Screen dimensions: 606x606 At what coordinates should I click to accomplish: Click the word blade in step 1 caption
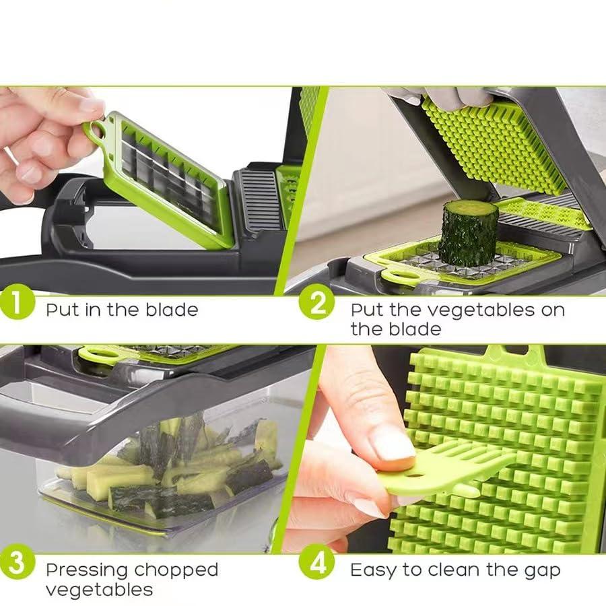[172, 310]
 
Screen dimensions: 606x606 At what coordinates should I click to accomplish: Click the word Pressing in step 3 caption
[86, 570]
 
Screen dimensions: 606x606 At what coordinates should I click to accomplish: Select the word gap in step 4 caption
[543, 572]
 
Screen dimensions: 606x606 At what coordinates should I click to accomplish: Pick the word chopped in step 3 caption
[176, 570]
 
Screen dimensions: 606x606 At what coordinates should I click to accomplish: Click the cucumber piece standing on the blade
[468, 232]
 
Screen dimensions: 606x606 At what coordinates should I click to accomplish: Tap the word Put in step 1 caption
[61, 310]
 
